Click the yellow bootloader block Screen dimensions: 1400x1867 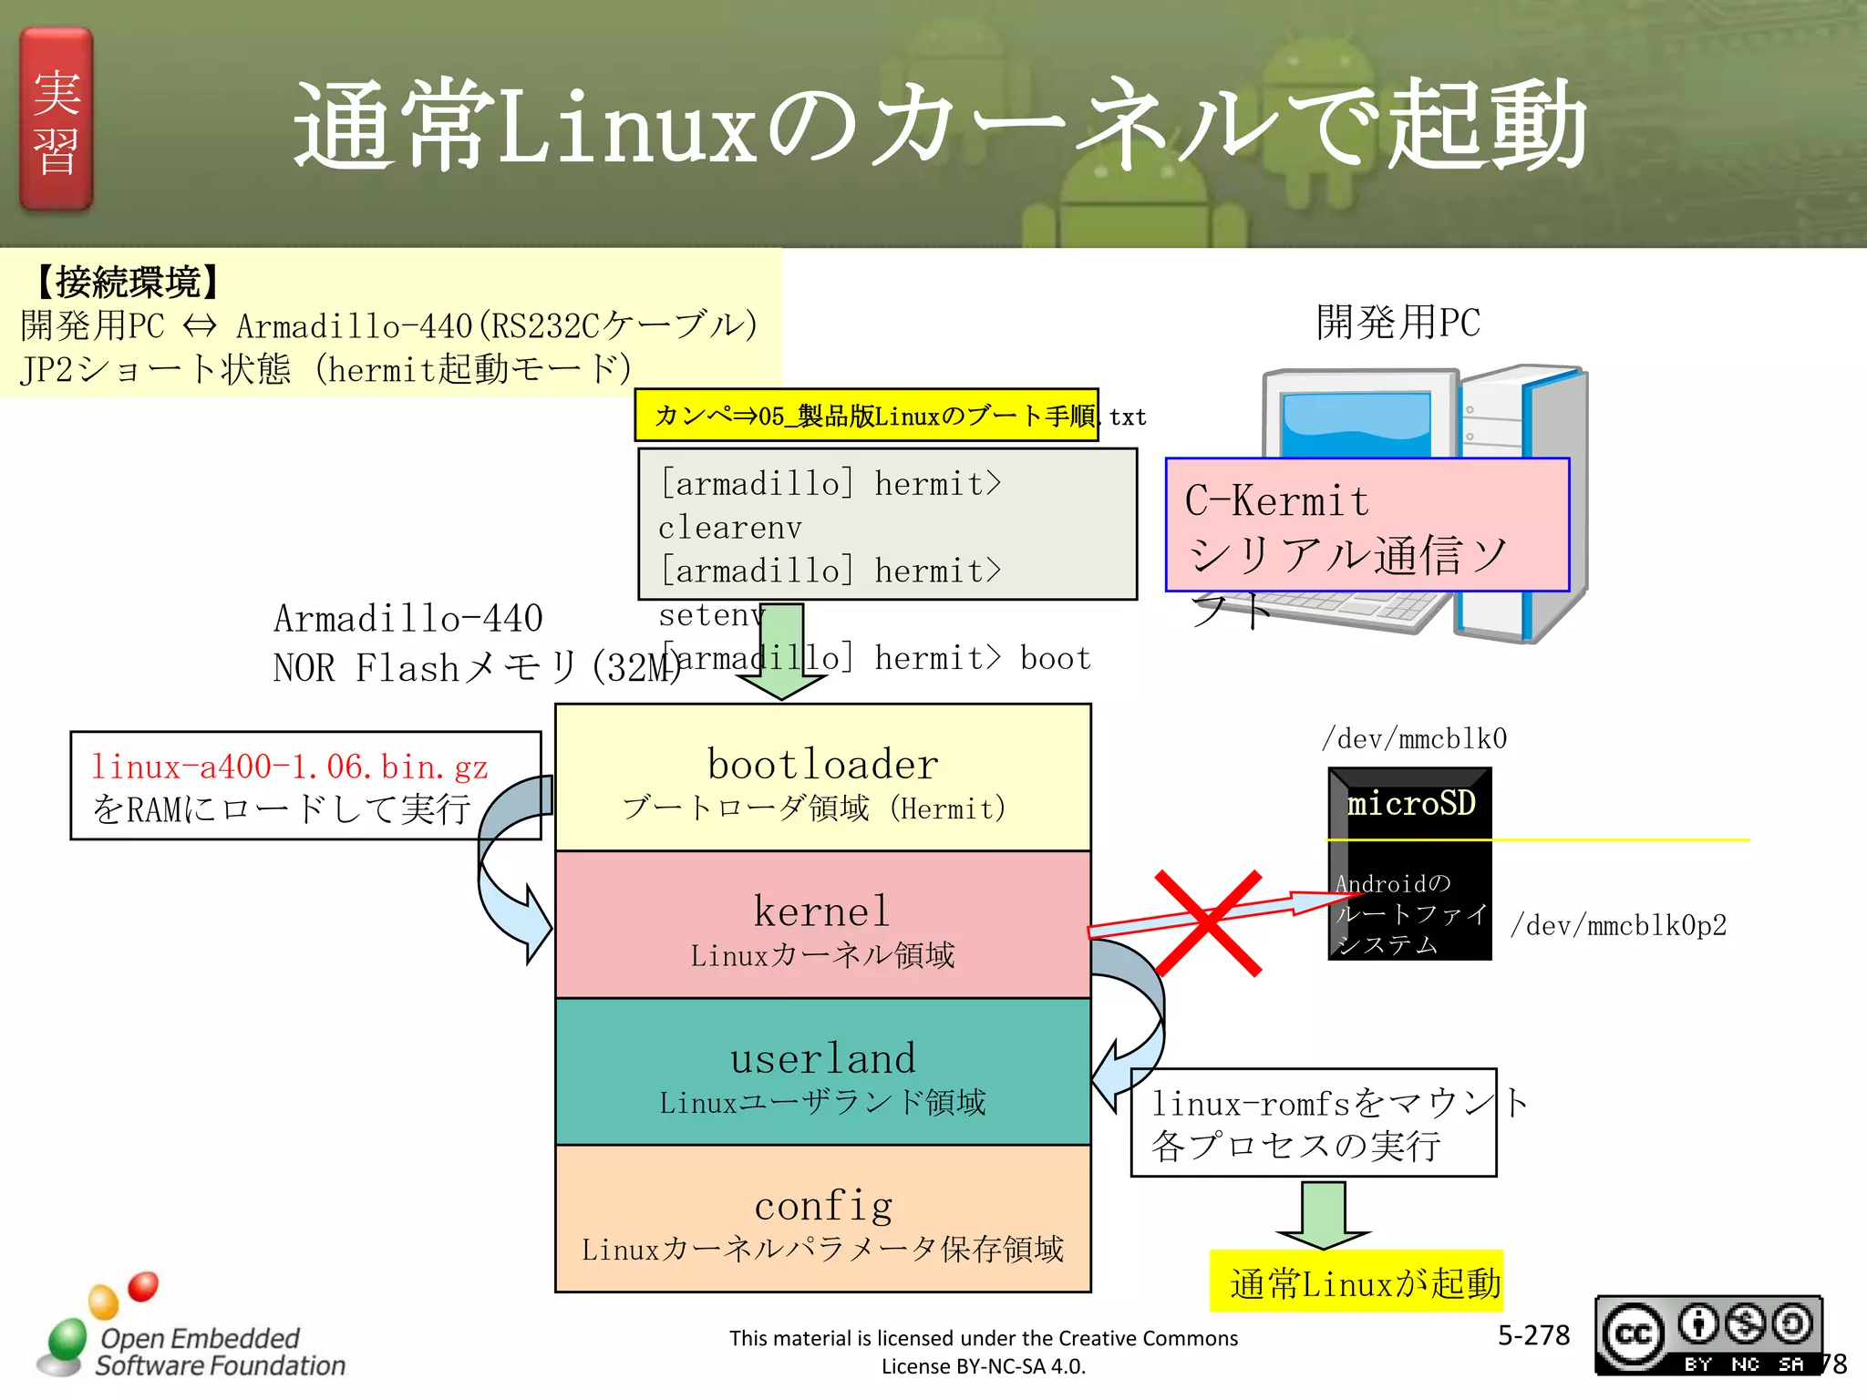coord(822,778)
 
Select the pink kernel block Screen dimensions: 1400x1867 coord(822,925)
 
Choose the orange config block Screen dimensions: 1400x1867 coord(822,1220)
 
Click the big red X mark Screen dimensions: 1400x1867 coord(1209,922)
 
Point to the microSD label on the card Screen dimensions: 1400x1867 coord(1410,803)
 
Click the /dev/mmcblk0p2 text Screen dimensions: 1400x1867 coord(1618,926)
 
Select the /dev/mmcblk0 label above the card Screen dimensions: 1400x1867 coord(1414,738)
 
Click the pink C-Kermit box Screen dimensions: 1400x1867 coord(1367,525)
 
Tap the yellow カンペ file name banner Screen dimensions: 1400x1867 coord(866,416)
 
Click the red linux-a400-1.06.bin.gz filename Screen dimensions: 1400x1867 coord(290,767)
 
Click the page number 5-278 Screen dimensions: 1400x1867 coord(1533,1335)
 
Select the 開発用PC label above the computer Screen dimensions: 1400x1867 coord(1398,323)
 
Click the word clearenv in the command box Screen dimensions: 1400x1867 coord(730,528)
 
